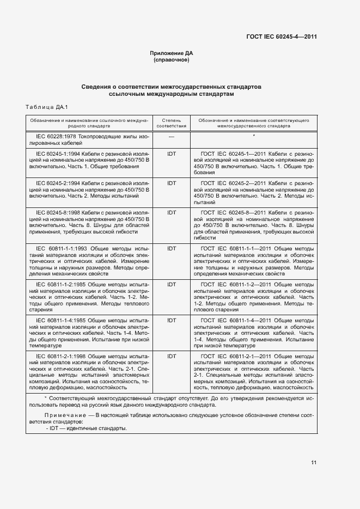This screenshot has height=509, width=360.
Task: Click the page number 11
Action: (314, 463)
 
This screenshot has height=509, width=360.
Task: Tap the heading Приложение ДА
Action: (172, 53)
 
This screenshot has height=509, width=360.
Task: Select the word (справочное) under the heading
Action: (172, 60)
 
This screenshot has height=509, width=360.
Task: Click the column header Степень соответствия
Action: (172, 122)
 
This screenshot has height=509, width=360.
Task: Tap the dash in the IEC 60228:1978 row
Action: (172, 136)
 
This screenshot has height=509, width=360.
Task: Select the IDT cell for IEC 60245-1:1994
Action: (172, 154)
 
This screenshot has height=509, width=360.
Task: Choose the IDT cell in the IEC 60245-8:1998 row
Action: (172, 212)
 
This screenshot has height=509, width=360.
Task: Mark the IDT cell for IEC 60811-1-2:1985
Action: (172, 284)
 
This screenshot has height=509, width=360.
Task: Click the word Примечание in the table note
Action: (60, 416)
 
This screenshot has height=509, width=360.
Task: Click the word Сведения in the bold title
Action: (95, 87)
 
